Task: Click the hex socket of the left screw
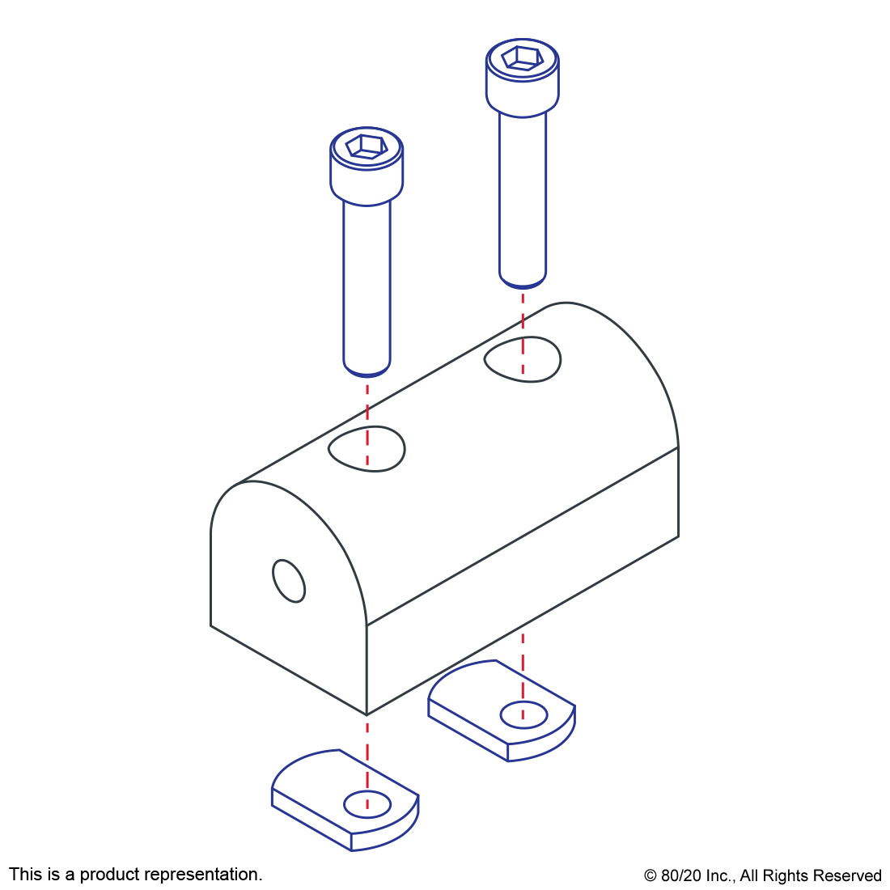click(367, 146)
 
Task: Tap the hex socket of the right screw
click(522, 58)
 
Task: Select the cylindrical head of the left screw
click(367, 182)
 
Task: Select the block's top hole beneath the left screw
click(367, 447)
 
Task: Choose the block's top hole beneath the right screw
click(523, 359)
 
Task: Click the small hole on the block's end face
click(289, 580)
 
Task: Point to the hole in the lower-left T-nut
click(367, 804)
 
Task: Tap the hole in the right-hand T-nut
click(523, 714)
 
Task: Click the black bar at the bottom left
click(135, 875)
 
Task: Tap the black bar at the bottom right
click(762, 877)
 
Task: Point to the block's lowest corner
click(367, 714)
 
